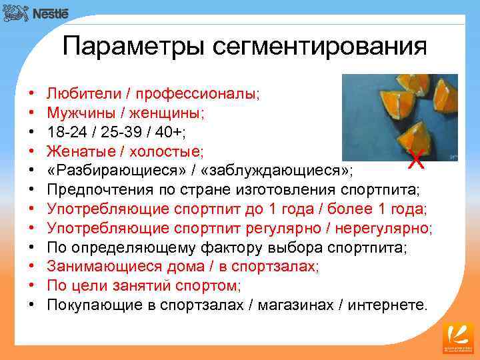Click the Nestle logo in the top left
pyautogui.click(x=36, y=13)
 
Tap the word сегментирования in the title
pyautogui.click(x=320, y=47)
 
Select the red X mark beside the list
pyautogui.click(x=415, y=160)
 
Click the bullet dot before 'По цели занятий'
pyautogui.click(x=31, y=285)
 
